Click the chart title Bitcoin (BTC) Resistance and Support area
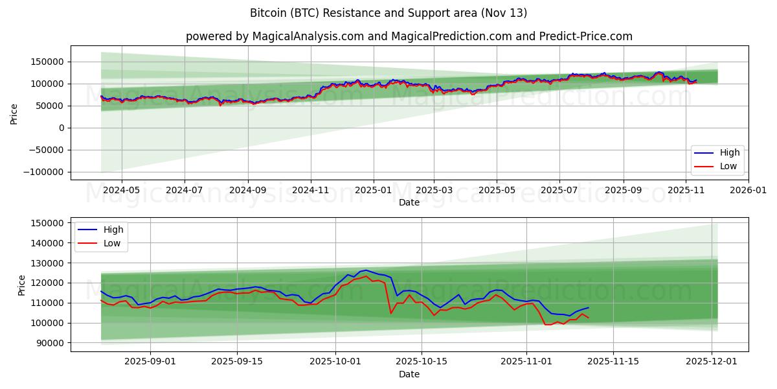[x=388, y=13]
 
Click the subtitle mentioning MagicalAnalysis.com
[x=409, y=36]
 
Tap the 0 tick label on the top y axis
[x=62, y=128]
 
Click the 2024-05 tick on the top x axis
[x=122, y=191]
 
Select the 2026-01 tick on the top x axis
[x=749, y=191]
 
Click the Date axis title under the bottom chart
[x=409, y=374]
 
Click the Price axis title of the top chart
[x=14, y=113]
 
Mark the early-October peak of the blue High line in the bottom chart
[x=366, y=270]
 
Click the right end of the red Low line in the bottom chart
[x=588, y=317]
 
